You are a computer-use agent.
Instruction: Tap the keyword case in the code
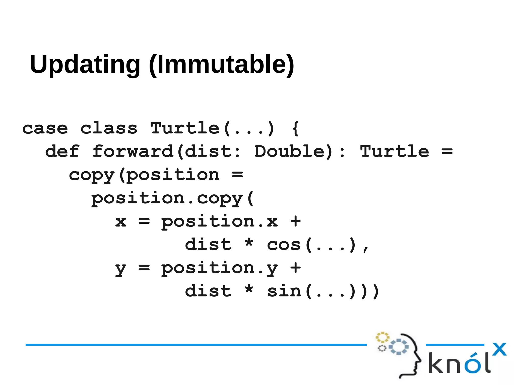[45, 129]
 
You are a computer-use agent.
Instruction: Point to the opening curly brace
[296, 128]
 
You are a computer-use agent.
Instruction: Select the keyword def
[62, 151]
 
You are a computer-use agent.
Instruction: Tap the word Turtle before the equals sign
[395, 151]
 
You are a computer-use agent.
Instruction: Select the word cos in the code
[284, 245]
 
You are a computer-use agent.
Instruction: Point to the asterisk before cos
[249, 243]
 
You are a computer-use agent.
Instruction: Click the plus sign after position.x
[295, 221]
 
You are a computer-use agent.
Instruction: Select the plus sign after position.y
[295, 268]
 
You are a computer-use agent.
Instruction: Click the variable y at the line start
[121, 269]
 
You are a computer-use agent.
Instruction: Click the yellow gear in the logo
[382, 337]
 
